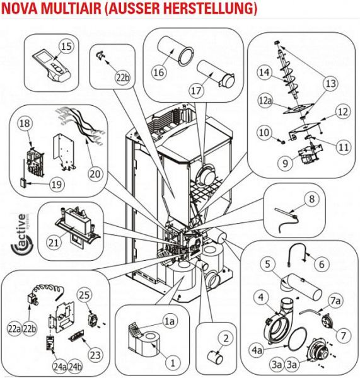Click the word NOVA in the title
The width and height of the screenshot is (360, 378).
pyautogui.click(x=20, y=8)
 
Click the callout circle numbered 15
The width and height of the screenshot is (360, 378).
pyautogui.click(x=66, y=46)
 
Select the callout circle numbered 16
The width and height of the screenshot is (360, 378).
pyautogui.click(x=159, y=72)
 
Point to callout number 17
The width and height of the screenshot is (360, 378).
pyautogui.click(x=196, y=91)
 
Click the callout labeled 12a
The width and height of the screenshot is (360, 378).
pyautogui.click(x=265, y=101)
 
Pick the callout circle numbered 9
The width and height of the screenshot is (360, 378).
pyautogui.click(x=285, y=163)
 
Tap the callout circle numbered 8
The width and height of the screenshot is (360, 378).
pyautogui.click(x=311, y=199)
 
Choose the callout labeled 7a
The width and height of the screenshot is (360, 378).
pyautogui.click(x=335, y=301)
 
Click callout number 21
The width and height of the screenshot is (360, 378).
pyautogui.click(x=54, y=243)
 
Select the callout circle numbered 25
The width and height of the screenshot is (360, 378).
pyautogui.click(x=84, y=295)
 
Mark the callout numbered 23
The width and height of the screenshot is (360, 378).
pyautogui.click(x=95, y=355)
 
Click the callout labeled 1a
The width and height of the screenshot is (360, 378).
pyautogui.click(x=170, y=321)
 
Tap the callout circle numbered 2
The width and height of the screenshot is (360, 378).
pyautogui.click(x=226, y=338)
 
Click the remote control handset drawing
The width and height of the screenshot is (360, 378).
pyautogui.click(x=52, y=66)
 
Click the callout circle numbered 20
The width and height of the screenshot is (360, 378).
pyautogui.click(x=95, y=174)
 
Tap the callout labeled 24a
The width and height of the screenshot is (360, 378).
pyautogui.click(x=60, y=367)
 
